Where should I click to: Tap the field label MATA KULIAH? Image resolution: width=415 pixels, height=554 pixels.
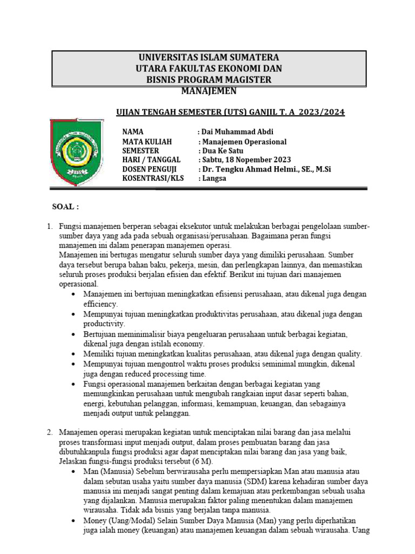pyautogui.click(x=147, y=141)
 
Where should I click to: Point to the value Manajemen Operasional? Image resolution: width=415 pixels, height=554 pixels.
pyautogui.click(x=243, y=141)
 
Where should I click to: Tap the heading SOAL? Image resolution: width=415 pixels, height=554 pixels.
pyautogui.click(x=65, y=207)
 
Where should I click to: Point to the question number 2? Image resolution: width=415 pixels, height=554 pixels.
pyautogui.click(x=49, y=432)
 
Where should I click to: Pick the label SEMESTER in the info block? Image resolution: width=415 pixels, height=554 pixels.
pyautogui.click(x=141, y=150)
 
